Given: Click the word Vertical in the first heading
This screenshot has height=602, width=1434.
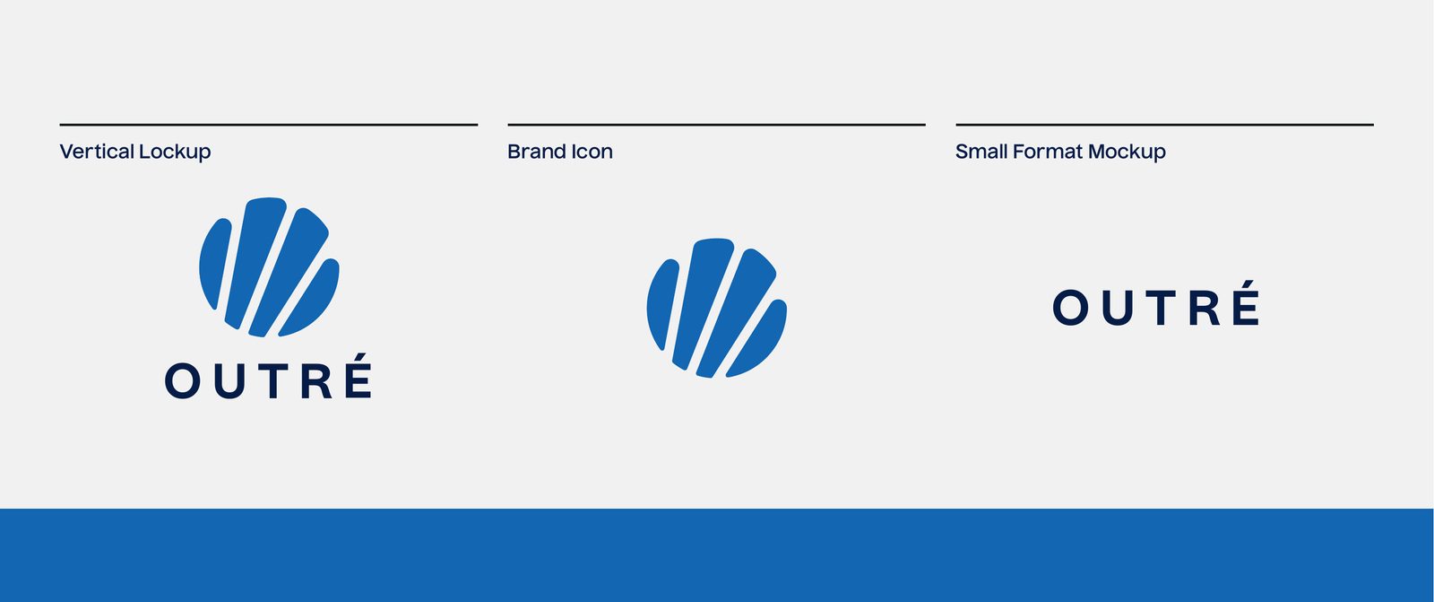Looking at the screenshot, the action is pyautogui.click(x=98, y=152).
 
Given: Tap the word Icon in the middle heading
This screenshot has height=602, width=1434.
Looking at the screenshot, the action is pyautogui.click(x=592, y=152).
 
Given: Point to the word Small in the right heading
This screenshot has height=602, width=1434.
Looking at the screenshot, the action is pyautogui.click(x=981, y=152).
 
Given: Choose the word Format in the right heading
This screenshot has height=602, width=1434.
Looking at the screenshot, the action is pyautogui.click(x=1048, y=152).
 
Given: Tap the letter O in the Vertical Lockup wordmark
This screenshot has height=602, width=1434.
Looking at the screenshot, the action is pyautogui.click(x=183, y=380).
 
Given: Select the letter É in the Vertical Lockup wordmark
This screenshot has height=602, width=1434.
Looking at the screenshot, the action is pyautogui.click(x=358, y=376).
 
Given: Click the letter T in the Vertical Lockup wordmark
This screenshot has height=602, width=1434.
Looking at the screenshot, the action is pyautogui.click(x=273, y=380).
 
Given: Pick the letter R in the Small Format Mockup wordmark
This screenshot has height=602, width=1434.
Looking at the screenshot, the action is pyautogui.click(x=1205, y=308).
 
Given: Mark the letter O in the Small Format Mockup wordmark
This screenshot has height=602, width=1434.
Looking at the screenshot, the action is pyautogui.click(x=1071, y=307).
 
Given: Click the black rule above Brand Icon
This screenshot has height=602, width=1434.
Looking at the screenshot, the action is pyautogui.click(x=716, y=125).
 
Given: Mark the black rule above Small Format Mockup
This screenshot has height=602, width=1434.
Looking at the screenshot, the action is pyautogui.click(x=1164, y=125).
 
